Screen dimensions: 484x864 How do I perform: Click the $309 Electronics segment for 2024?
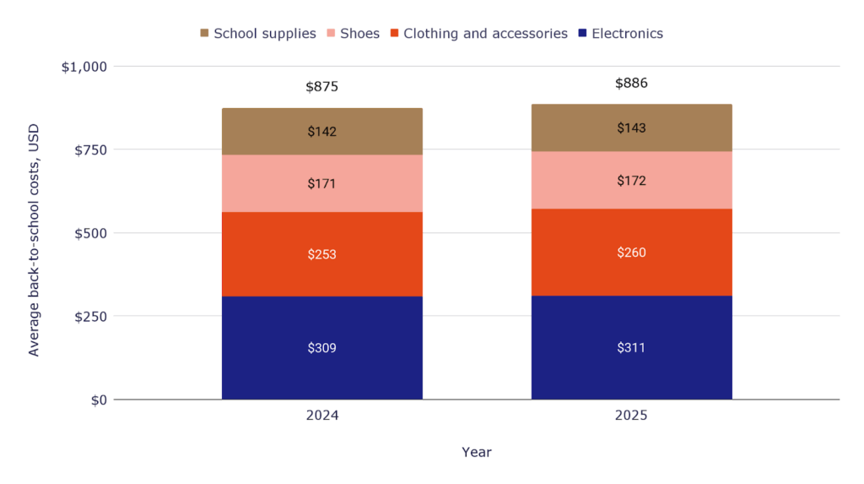click(321, 347)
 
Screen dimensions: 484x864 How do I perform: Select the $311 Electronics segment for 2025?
click(631, 347)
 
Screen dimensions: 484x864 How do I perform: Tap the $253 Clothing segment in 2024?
click(321, 254)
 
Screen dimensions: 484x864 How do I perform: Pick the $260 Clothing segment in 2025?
click(631, 253)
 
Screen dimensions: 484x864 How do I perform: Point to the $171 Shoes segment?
click(321, 183)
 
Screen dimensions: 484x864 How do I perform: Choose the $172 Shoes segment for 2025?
click(631, 181)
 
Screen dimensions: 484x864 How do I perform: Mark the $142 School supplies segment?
click(321, 132)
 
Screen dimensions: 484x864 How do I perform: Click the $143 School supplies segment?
click(631, 128)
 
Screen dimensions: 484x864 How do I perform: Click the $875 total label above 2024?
click(321, 87)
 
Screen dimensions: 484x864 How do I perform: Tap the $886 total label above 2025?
click(631, 83)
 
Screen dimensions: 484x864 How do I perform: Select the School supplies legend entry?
click(257, 34)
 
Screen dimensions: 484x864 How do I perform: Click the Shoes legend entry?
click(352, 34)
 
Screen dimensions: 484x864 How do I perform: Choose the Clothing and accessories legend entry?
click(478, 34)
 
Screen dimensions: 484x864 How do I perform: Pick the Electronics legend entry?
click(620, 34)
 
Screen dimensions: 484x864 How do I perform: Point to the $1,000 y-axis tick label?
click(84, 67)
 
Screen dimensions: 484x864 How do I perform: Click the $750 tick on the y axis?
click(89, 150)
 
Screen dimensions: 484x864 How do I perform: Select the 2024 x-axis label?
click(321, 416)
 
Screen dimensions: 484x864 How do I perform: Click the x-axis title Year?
click(476, 452)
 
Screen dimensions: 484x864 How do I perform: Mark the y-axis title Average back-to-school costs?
click(34, 240)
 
